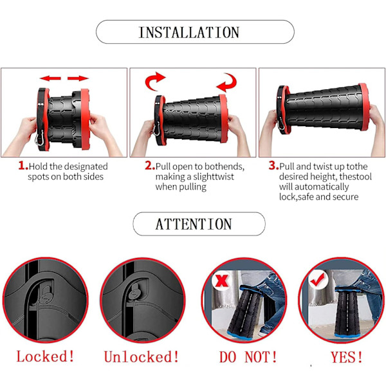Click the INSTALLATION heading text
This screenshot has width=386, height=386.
(x=189, y=32)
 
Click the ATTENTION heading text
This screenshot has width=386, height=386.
(x=194, y=224)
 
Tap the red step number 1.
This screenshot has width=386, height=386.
(x=23, y=165)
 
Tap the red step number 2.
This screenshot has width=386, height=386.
(x=150, y=165)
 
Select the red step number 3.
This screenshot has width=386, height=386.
(x=273, y=165)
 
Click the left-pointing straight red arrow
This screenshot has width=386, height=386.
(x=50, y=78)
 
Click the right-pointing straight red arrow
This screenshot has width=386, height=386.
(x=78, y=78)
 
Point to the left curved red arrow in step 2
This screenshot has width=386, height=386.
(x=154, y=81)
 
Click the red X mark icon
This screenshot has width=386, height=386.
(x=222, y=280)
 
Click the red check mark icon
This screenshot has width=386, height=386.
(x=317, y=280)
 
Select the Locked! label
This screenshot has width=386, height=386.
(x=45, y=356)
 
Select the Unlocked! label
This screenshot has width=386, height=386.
(x=142, y=356)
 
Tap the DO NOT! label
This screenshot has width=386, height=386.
(x=248, y=357)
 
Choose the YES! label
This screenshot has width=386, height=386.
(x=347, y=357)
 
